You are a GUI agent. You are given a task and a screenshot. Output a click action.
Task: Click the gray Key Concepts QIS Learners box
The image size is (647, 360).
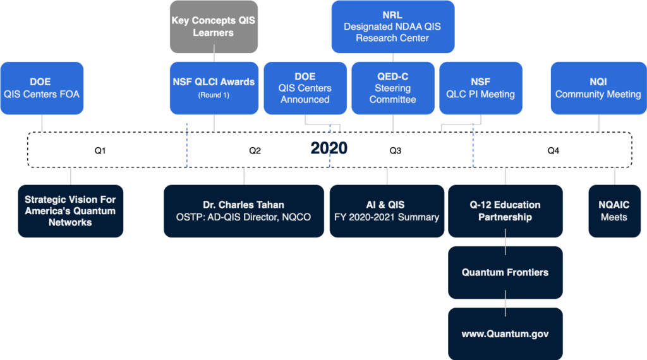click(x=214, y=27)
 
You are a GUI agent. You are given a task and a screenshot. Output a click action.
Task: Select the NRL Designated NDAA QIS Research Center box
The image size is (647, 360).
click(x=392, y=27)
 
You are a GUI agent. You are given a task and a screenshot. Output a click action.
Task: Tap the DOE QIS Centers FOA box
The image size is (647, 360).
click(x=42, y=88)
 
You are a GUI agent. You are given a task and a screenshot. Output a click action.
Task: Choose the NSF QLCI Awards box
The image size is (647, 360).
click(x=214, y=88)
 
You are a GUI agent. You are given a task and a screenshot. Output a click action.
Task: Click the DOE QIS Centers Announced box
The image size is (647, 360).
click(x=305, y=88)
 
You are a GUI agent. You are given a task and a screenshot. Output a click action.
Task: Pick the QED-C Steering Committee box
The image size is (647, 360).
click(x=392, y=88)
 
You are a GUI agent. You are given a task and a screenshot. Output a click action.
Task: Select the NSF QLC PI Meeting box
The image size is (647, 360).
click(x=480, y=88)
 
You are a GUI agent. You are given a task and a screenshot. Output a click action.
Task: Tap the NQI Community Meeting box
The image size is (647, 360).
click(x=598, y=88)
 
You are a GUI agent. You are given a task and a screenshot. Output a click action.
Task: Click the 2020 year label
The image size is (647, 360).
click(x=329, y=148)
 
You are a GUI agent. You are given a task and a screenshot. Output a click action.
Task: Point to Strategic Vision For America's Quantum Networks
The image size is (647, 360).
click(x=70, y=211)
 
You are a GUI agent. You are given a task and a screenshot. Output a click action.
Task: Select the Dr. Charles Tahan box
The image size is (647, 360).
click(x=243, y=211)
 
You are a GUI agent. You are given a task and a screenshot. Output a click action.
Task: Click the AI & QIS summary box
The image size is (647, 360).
click(x=386, y=211)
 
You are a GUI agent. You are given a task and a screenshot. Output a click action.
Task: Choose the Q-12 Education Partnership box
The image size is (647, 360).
click(x=505, y=211)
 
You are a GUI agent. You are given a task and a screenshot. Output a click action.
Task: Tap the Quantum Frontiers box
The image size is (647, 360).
click(x=505, y=272)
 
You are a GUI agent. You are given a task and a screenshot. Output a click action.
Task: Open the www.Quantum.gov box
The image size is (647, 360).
click(x=505, y=333)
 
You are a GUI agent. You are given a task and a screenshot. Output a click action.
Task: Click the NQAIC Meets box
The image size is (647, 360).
click(x=614, y=211)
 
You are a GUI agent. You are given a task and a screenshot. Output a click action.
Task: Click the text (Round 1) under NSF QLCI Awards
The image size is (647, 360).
click(x=214, y=95)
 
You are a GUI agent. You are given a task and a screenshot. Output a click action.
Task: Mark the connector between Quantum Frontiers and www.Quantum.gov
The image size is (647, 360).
click(x=505, y=303)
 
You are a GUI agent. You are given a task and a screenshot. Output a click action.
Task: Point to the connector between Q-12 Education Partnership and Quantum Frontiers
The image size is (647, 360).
click(x=505, y=242)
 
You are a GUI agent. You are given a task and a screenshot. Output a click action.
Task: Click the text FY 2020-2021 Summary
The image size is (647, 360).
click(x=386, y=217)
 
